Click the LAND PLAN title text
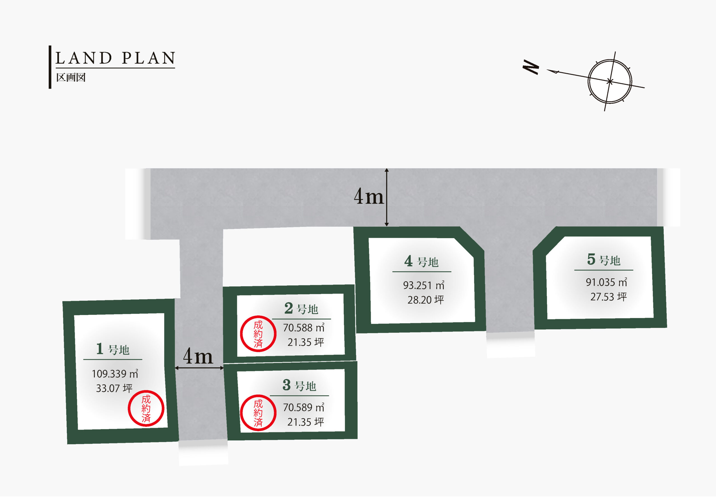click(x=116, y=58)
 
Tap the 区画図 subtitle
click(x=71, y=77)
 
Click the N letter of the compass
click(x=531, y=67)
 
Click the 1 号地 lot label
click(x=113, y=349)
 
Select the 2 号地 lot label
click(x=301, y=309)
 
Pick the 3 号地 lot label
click(x=299, y=385)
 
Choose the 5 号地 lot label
click(x=604, y=260)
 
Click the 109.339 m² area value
click(x=115, y=373)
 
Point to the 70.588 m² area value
click(x=303, y=328)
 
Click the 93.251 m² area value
click(x=423, y=285)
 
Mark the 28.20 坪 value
click(x=426, y=300)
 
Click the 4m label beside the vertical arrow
click(x=369, y=197)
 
